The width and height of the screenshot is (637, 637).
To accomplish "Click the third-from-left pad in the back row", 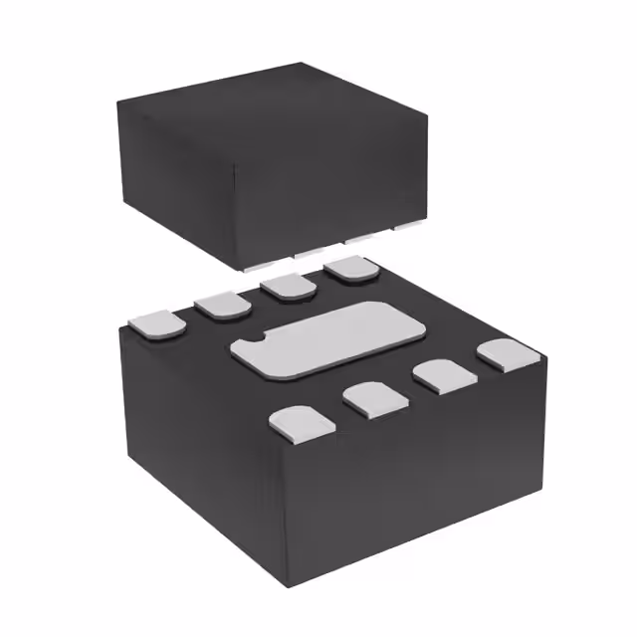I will point(288,286).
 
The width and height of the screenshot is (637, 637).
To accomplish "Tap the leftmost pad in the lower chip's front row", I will point(296,422).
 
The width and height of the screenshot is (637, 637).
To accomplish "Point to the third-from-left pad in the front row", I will point(441,374).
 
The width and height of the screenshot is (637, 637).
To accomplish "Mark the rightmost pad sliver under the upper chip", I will point(407,227).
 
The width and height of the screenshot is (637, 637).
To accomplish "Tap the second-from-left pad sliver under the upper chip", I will point(310,254).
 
